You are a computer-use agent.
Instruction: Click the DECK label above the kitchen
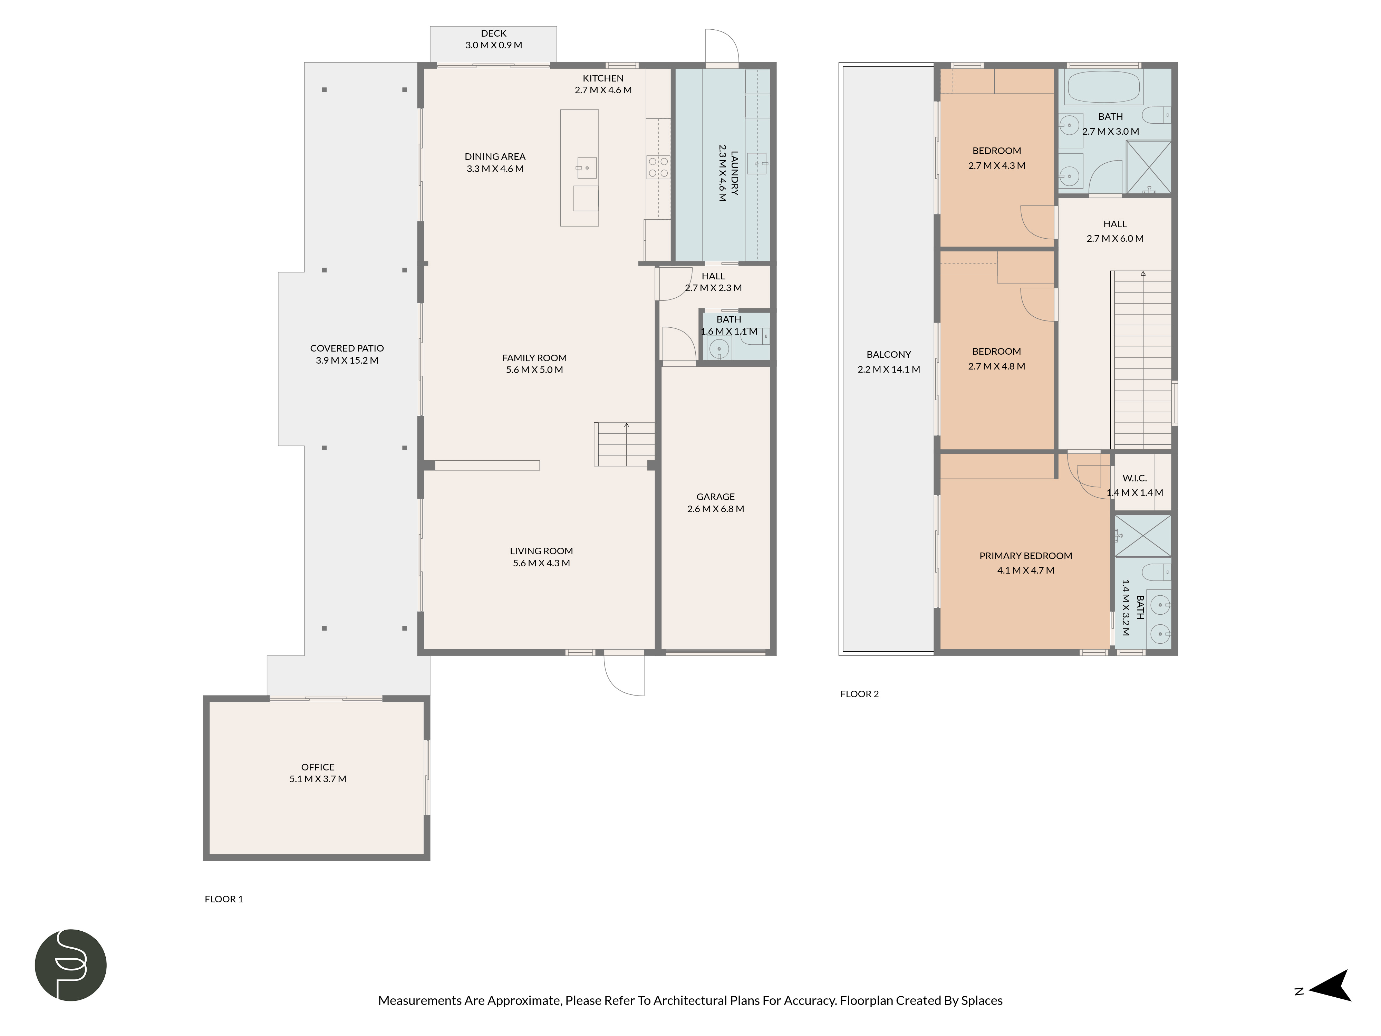(493, 33)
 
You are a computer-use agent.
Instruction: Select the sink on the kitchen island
(586, 168)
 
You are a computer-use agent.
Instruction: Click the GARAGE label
(715, 497)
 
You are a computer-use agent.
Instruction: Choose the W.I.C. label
(1134, 478)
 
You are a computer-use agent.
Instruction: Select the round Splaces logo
(70, 965)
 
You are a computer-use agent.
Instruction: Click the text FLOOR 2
(859, 694)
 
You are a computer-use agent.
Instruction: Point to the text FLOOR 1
(223, 899)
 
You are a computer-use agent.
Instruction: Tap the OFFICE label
(318, 767)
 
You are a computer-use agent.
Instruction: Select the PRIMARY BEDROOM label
(1025, 555)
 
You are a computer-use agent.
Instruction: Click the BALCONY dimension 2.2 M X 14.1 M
(888, 369)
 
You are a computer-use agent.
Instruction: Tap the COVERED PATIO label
(347, 348)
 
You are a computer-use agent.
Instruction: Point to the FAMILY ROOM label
(534, 358)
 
